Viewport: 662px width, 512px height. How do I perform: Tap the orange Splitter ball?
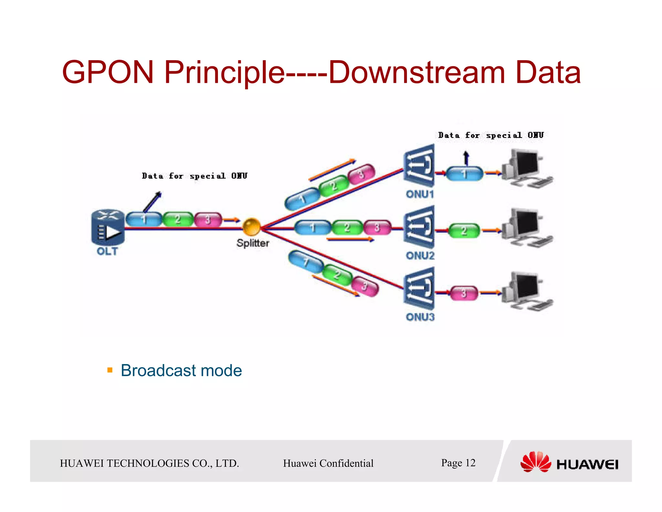pyautogui.click(x=251, y=227)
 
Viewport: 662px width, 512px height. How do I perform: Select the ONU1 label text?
pyautogui.click(x=420, y=194)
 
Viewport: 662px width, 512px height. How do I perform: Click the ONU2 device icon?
pyautogui.click(x=419, y=227)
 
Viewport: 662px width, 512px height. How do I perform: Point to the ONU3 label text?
pyautogui.click(x=420, y=317)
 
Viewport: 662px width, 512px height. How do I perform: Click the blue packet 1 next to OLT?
pyautogui.click(x=144, y=219)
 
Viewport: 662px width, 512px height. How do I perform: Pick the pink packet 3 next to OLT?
pyautogui.click(x=208, y=219)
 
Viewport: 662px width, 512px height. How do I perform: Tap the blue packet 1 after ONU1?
pyautogui.click(x=464, y=174)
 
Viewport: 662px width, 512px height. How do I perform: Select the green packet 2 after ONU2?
pyautogui.click(x=464, y=231)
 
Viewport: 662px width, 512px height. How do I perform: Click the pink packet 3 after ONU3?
pyautogui.click(x=464, y=293)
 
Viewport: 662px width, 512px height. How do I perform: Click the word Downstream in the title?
pyautogui.click(x=416, y=72)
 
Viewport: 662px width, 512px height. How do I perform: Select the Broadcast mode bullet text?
pyautogui.click(x=181, y=370)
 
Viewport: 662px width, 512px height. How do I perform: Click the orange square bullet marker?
pyautogui.click(x=110, y=370)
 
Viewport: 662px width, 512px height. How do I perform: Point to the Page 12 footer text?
pyautogui.click(x=458, y=463)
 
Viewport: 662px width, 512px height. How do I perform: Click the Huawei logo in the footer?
pyautogui.click(x=569, y=462)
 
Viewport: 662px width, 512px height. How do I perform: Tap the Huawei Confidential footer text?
pyautogui.click(x=328, y=463)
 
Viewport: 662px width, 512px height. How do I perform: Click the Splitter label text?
pyautogui.click(x=252, y=243)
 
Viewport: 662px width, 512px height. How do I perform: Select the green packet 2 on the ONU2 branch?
pyautogui.click(x=347, y=227)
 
